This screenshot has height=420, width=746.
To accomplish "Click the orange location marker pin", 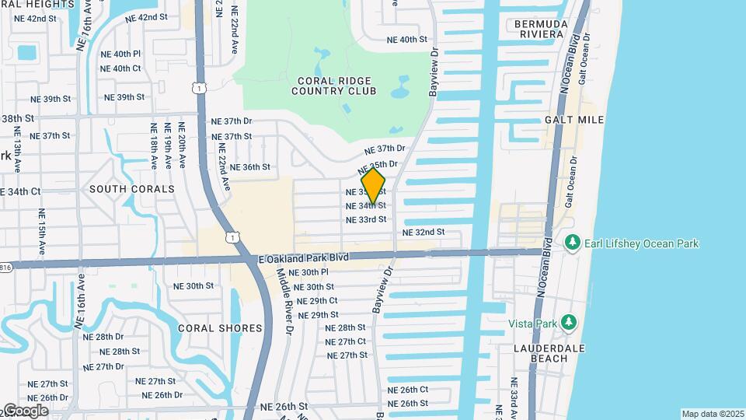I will (373, 186).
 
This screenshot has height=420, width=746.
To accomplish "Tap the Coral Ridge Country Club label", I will (334, 86).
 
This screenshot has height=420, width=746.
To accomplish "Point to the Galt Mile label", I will (574, 120).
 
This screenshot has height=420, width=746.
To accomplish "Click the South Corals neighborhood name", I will (132, 189).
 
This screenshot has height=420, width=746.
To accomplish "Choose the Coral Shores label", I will (221, 328).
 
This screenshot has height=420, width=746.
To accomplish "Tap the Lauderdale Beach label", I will (549, 353).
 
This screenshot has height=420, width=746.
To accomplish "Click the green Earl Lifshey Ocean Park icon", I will (573, 243).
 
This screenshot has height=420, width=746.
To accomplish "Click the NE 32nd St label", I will (424, 233).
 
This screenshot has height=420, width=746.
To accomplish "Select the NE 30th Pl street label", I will (309, 272).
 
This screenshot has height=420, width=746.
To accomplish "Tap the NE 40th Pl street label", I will (120, 54).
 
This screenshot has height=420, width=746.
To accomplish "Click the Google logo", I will (25, 411).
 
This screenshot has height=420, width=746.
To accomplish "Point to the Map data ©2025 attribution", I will (713, 414).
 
